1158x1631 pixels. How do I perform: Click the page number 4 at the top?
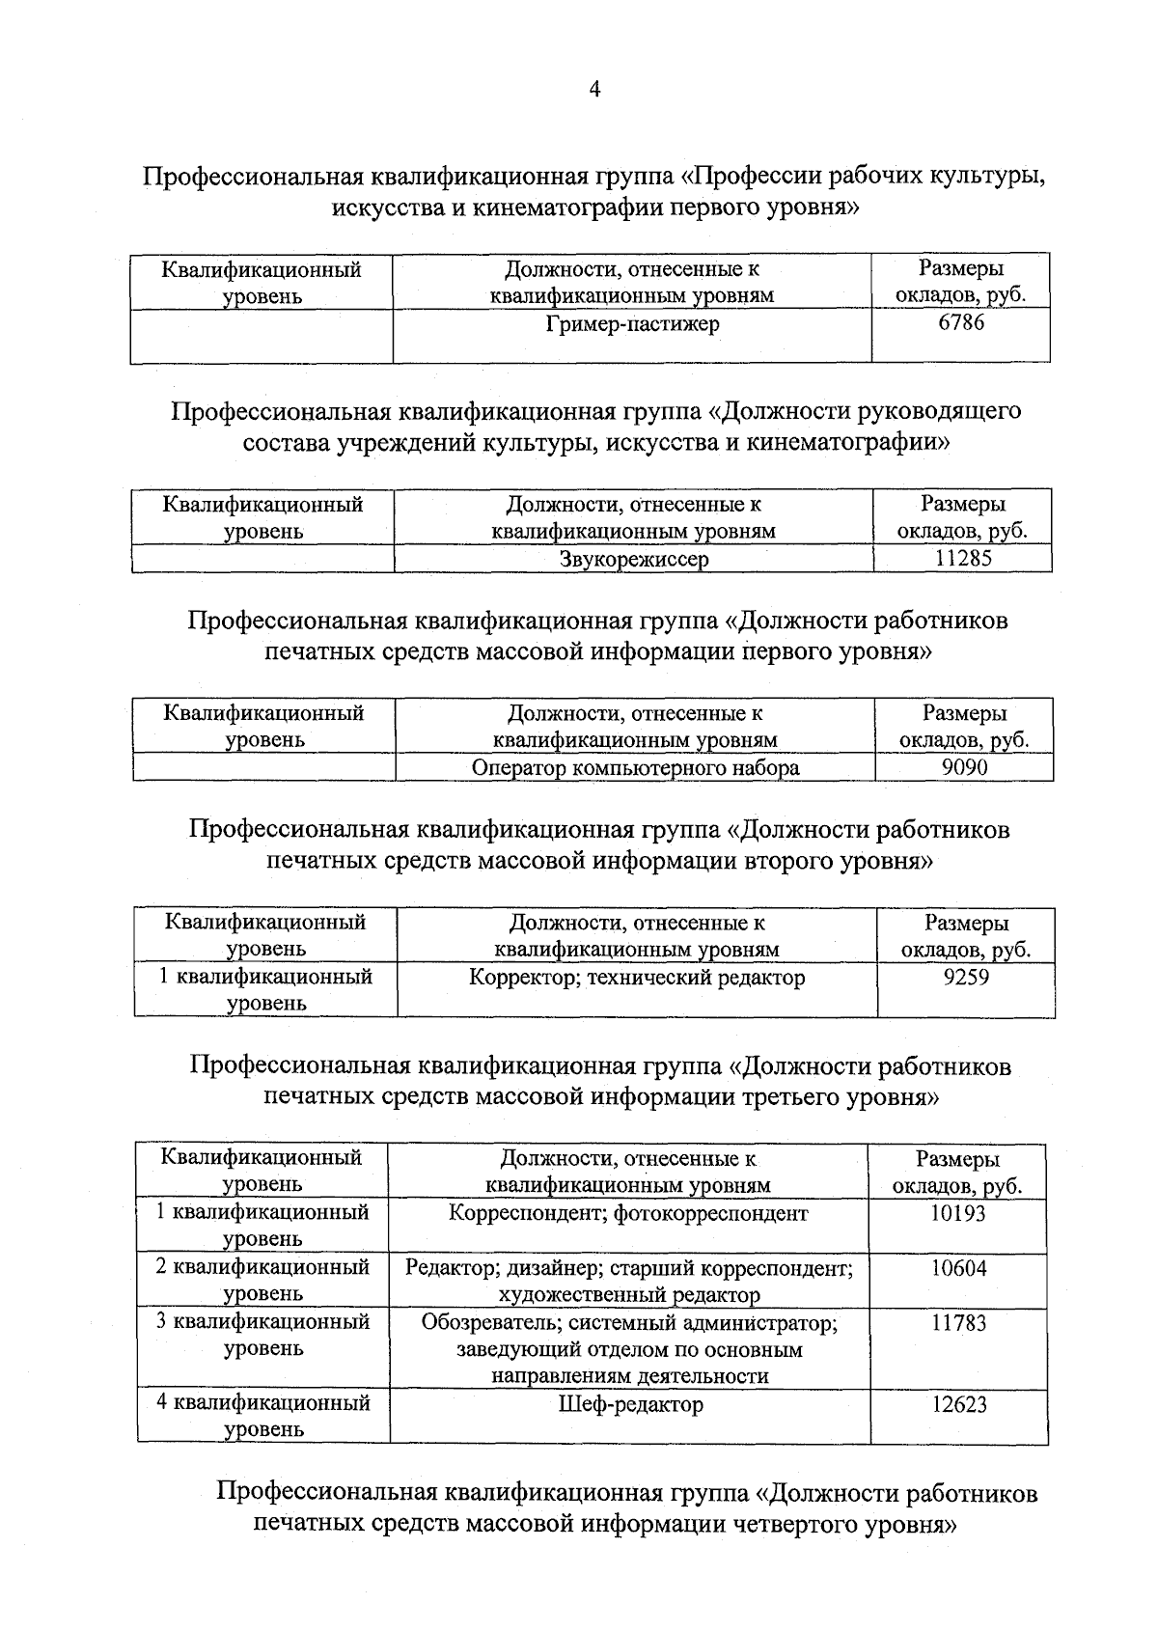[x=594, y=90]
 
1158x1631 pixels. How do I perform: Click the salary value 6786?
[x=961, y=323]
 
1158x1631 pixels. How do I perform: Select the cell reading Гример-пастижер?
[x=632, y=324]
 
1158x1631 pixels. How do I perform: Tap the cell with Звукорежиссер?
[x=634, y=559]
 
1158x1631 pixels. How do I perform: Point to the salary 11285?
[x=963, y=558]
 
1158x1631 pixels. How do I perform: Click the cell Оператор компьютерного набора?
[x=635, y=768]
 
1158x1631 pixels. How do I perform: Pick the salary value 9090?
[x=964, y=767]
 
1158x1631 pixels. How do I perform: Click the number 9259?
[x=965, y=977]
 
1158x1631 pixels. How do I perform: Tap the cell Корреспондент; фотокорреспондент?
[x=628, y=1213]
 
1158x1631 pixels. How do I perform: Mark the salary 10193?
[x=958, y=1213]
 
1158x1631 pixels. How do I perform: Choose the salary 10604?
[x=958, y=1268]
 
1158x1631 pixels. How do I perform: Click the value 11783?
[x=958, y=1323]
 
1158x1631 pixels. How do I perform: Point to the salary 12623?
[x=958, y=1404]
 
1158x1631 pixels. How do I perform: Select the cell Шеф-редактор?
[x=631, y=1404]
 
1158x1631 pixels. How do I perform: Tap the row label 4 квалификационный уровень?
[x=263, y=1416]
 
